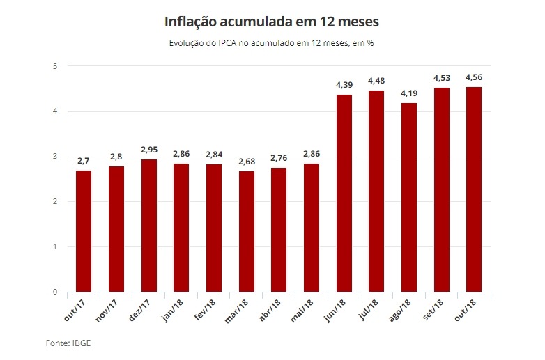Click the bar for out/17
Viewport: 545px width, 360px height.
84,231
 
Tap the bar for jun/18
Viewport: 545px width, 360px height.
344,193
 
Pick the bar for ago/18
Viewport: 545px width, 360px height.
409,198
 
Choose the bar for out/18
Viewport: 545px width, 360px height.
474,189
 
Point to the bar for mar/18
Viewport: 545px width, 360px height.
246,232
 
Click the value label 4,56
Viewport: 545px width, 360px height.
474,77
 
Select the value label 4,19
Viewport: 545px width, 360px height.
409,93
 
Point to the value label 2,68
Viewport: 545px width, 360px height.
246,161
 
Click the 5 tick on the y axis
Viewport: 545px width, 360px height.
54,66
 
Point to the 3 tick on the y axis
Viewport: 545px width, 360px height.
54,157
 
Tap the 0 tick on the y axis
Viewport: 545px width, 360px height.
54,292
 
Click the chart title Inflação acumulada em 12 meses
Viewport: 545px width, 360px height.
272,22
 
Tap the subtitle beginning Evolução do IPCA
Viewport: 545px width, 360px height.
272,43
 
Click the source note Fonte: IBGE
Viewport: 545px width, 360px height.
68,343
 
